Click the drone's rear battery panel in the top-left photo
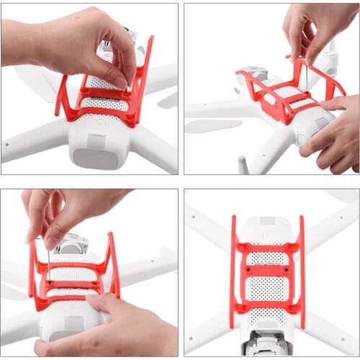[99, 151]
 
